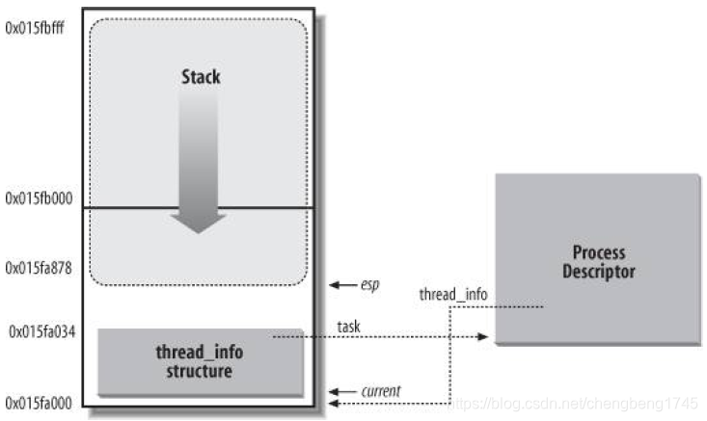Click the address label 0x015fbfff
[38, 27]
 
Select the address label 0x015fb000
[38, 198]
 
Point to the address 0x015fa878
[38, 266]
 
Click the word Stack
[200, 76]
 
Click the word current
[381, 391]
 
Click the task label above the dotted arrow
[348, 328]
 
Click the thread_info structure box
[201, 361]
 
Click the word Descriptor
[599, 272]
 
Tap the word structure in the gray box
[201, 371]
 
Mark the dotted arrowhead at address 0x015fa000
[336, 404]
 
